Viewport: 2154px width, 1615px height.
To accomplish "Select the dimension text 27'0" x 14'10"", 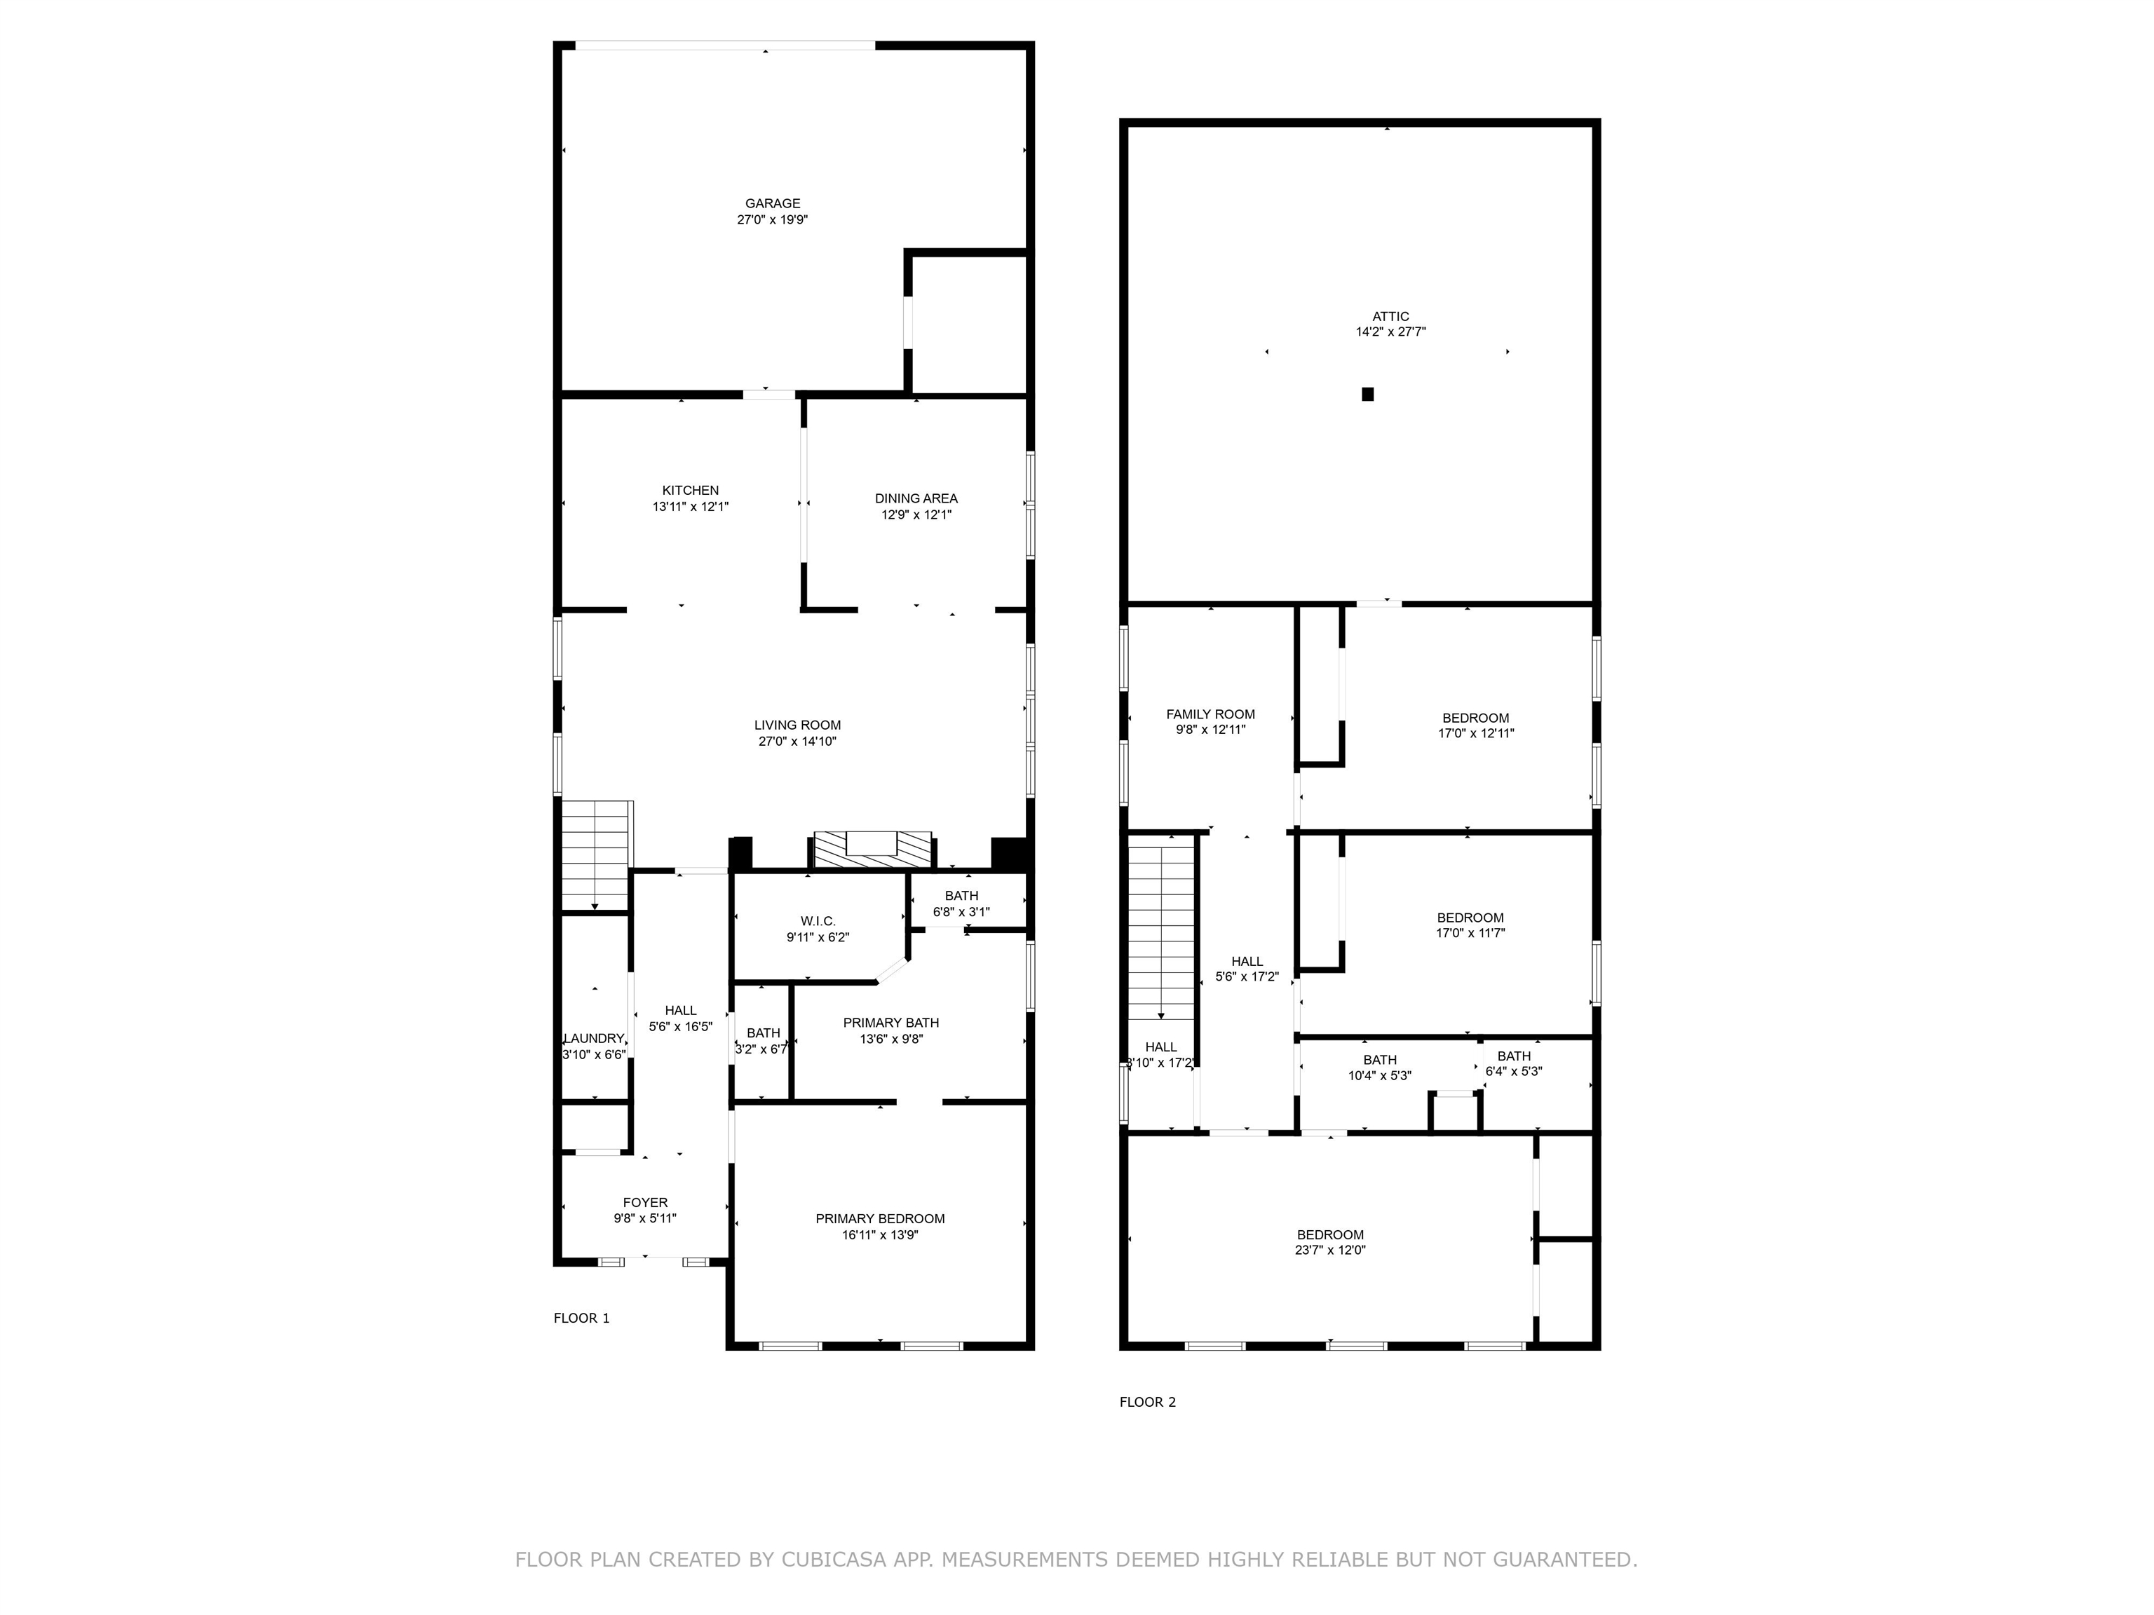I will coord(797,741).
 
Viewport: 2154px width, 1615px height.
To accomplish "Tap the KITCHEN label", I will coord(691,491).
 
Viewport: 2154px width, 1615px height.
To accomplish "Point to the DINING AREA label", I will coord(915,498).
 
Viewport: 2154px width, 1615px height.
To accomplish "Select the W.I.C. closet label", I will coord(818,921).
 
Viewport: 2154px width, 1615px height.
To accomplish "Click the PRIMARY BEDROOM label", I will coord(879,1219).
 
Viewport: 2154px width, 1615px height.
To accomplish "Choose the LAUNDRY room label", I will coord(593,1039).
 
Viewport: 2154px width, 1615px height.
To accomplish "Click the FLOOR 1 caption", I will coord(581,1318).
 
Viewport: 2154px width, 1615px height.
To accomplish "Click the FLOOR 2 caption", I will coord(1147,1402).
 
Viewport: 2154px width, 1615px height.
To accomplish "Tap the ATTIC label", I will coord(1390,316).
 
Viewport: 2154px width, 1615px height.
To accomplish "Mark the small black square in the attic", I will coord(1367,394).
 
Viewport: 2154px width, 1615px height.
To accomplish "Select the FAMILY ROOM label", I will coord(1210,714).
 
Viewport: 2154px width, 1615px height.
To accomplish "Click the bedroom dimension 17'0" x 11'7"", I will coord(1470,932).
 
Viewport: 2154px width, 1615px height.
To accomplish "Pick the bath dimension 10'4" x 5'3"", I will coord(1379,1076).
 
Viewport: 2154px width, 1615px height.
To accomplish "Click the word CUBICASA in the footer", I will coord(832,1560).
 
